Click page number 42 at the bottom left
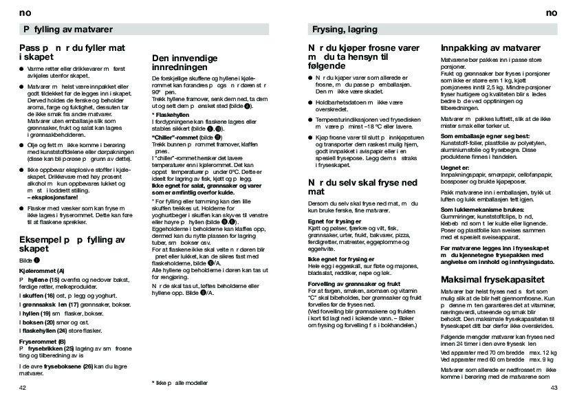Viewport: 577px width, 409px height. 23,388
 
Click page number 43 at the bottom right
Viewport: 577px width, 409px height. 554,388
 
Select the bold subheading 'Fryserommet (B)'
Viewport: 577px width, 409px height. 43,341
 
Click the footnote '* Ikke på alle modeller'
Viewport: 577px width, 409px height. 179,382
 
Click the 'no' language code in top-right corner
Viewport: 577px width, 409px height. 550,13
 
